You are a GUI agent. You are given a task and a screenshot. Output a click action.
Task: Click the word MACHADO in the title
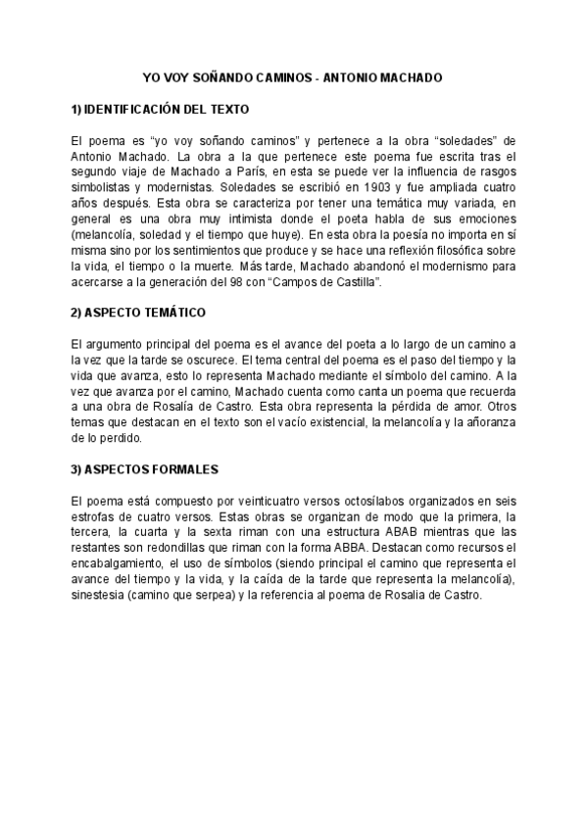412,75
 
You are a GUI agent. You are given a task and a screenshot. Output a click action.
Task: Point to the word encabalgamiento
122,564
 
